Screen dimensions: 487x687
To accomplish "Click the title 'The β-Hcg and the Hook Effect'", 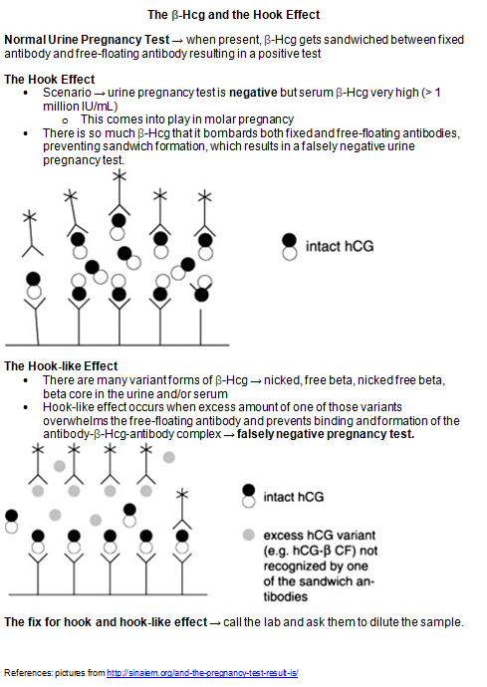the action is (234, 15).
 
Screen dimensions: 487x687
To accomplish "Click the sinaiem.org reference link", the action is (202, 673).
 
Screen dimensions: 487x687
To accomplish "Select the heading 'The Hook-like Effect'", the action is (61, 366).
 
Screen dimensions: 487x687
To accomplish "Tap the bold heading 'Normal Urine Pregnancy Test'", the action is (87, 40).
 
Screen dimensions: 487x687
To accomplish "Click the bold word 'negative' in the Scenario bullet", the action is (253, 93).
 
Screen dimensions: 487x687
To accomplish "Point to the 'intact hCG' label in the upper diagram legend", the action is (340, 246).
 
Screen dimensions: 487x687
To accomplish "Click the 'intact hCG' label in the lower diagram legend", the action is (293, 497).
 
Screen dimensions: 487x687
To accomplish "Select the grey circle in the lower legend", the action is (249, 535).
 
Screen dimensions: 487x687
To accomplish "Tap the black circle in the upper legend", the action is (289, 240).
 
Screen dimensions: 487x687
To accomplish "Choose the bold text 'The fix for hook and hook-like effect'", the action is (106, 622).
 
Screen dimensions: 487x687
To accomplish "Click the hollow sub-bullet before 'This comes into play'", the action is (66, 120).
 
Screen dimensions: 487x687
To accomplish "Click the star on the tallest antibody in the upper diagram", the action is (119, 176).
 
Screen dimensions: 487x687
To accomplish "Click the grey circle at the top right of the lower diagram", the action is (168, 457).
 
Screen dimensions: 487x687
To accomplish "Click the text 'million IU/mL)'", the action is (81, 107).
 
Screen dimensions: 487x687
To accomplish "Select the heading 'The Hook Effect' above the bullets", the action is (49, 80).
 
